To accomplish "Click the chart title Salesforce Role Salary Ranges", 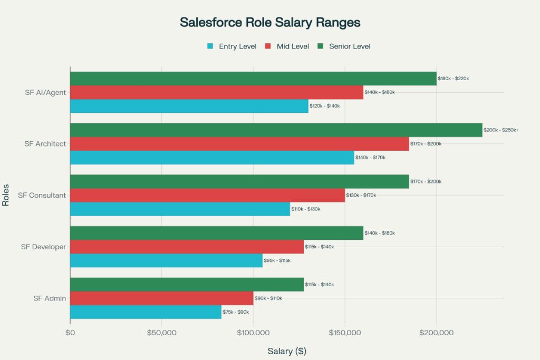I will tap(270, 22).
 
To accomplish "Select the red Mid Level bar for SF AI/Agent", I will tap(216, 92).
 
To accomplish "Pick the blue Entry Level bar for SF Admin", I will tap(146, 312).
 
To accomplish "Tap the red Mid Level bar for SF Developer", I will tap(187, 247).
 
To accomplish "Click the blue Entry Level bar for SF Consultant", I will tap(180, 209).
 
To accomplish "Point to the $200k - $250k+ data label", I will tap(501, 130).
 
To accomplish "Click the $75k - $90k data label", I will tap(236, 312).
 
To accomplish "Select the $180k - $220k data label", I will tap(453, 79).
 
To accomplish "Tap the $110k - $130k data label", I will tap(306, 209).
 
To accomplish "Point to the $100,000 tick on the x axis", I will tap(253, 333).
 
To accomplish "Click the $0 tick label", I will tap(70, 333).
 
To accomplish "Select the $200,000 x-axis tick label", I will tap(436, 333).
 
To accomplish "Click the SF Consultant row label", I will tap(42, 196).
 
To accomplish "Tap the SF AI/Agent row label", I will tap(45, 93).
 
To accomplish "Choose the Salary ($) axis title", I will tap(287, 351).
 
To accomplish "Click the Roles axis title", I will tap(6, 196).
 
